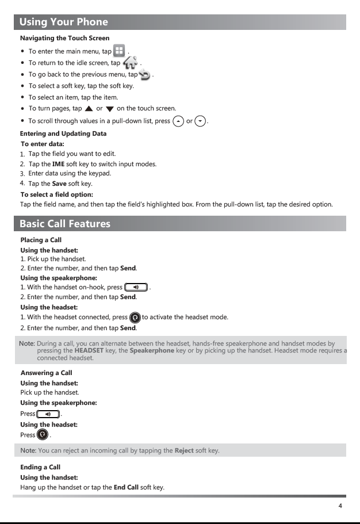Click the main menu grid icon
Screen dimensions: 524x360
pyautogui.click(x=119, y=51)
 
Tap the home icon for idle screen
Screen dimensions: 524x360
pyautogui.click(x=131, y=62)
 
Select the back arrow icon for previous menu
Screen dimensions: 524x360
pyautogui.click(x=144, y=75)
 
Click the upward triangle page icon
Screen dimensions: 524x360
pyautogui.click(x=89, y=109)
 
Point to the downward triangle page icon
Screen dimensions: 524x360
pyautogui.click(x=110, y=109)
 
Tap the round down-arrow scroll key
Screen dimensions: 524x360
pyautogui.click(x=200, y=121)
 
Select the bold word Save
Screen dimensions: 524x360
pyautogui.click(x=59, y=184)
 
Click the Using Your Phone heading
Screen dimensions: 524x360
pyautogui.click(x=64, y=22)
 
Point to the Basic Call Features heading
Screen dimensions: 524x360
pyautogui.click(x=65, y=224)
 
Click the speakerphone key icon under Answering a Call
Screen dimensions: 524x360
pyautogui.click(x=48, y=414)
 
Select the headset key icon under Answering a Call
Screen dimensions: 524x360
pyautogui.click(x=43, y=434)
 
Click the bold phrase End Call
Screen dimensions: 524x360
pyautogui.click(x=126, y=488)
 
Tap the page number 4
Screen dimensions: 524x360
pyautogui.click(x=340, y=506)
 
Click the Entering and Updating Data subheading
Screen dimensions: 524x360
pyautogui.click(x=63, y=134)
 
